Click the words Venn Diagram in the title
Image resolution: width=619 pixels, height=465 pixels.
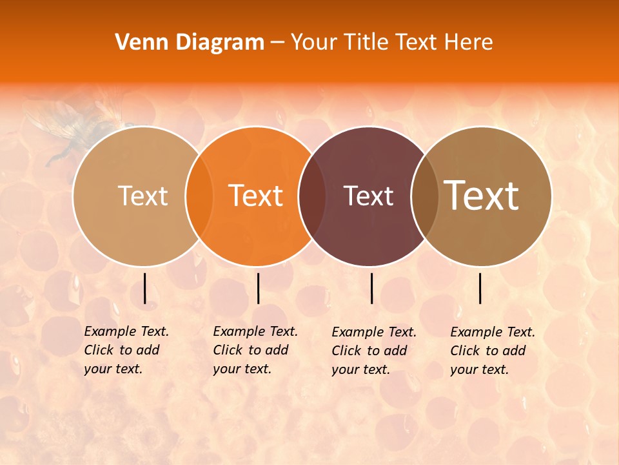coord(190,43)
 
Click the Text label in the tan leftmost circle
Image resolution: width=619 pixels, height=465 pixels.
coord(143,196)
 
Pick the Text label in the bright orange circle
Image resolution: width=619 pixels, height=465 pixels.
coord(256,196)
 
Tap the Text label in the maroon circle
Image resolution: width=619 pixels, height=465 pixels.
coord(369,196)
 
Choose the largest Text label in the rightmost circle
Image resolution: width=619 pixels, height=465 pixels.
coord(482,196)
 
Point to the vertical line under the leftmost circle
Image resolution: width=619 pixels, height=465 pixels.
coord(144,288)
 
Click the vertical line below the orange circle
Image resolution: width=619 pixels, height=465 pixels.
coord(258,288)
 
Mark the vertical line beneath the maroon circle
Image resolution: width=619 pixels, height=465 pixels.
coord(371,288)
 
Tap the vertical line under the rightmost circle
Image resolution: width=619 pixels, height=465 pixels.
coord(480,288)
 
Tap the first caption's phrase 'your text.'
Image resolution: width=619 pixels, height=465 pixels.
coord(113,369)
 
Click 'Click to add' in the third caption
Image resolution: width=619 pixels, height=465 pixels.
coord(369,351)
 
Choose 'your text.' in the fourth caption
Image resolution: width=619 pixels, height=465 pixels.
coord(479,369)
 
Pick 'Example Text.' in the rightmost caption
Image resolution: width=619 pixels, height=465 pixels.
coord(493,332)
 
